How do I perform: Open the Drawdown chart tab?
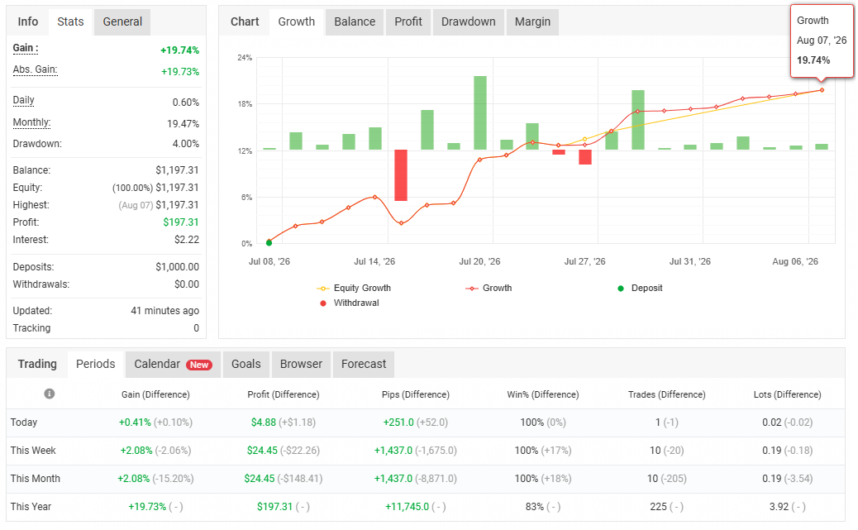coord(469,21)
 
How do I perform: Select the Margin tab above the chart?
coord(532,21)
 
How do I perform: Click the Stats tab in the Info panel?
coord(70,21)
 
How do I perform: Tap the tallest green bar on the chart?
coord(480,112)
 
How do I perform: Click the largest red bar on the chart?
coord(401,175)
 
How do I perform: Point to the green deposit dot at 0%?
coord(269,242)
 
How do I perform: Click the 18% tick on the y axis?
coord(245,104)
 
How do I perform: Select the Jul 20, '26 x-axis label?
coord(479,262)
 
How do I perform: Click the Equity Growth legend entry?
coord(354,288)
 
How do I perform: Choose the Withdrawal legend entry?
coord(350,303)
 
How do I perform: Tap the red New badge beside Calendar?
coord(199,365)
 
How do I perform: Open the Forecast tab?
coord(364,364)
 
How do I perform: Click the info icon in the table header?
coord(50,394)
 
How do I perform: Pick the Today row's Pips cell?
coord(415,423)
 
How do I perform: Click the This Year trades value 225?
coord(658,507)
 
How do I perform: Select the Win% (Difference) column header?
coord(543,394)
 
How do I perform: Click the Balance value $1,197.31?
coord(177,170)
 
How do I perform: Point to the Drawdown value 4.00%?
coord(186,144)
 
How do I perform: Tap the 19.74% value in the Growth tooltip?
coord(813,60)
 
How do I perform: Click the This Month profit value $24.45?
coord(260,479)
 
